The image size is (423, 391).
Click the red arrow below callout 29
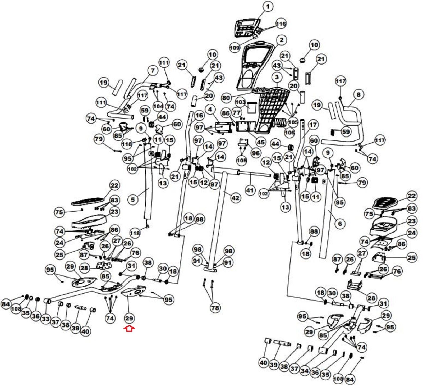[x=129, y=329]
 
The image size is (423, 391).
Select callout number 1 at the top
[x=268, y=7]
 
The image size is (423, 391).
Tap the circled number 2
[x=281, y=40]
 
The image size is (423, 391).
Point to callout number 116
[x=281, y=24]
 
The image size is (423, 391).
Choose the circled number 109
[x=235, y=48]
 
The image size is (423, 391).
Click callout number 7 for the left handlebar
[x=153, y=71]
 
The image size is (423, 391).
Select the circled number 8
[x=358, y=94]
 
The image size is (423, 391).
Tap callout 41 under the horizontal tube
[x=250, y=190]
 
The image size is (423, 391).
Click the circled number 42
[x=235, y=198]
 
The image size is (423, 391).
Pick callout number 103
[x=240, y=102]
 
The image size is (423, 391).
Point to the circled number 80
[x=226, y=98]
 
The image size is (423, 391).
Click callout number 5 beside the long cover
[x=133, y=199]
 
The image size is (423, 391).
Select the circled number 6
[x=340, y=224]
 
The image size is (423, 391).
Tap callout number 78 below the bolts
[x=215, y=308]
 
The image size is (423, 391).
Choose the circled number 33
[x=46, y=319]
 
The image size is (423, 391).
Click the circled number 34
[x=305, y=371]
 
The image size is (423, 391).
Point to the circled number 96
[x=256, y=153]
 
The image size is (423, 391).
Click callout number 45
[x=261, y=142]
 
